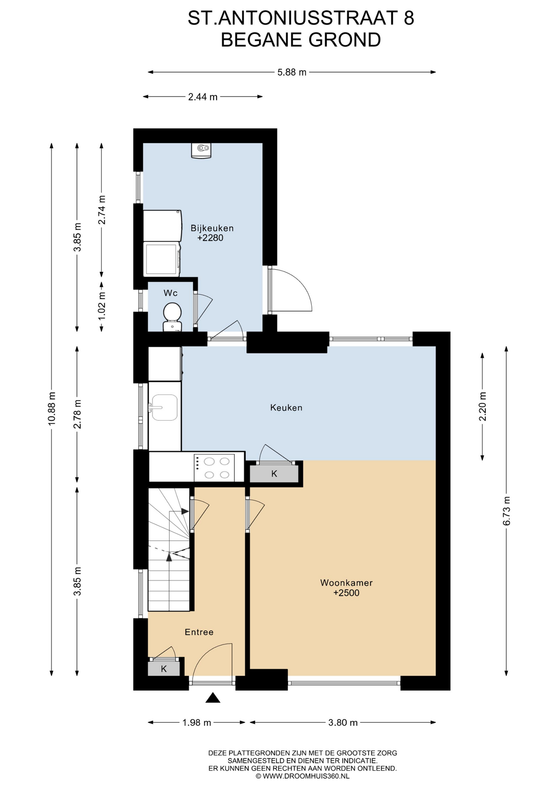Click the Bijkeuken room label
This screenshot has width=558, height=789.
(212, 228)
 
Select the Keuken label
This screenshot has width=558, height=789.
(286, 408)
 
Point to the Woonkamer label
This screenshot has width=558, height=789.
(346, 583)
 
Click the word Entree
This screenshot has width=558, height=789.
(199, 632)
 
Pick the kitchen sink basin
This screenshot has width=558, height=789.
(164, 408)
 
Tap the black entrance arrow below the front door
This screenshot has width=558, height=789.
(212, 698)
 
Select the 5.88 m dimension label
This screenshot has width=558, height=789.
(292, 72)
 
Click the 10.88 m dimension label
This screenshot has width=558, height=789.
(52, 408)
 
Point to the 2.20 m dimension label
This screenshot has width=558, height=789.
(482, 406)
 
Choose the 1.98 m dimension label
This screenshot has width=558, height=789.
(197, 722)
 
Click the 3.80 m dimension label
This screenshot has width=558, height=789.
(343, 722)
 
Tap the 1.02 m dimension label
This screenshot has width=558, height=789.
(102, 306)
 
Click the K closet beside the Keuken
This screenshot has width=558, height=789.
(274, 474)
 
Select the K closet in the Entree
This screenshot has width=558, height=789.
(164, 669)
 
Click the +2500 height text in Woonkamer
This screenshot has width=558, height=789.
(346, 593)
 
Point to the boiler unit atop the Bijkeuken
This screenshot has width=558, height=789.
(201, 150)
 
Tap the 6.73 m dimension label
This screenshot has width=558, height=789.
(506, 511)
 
